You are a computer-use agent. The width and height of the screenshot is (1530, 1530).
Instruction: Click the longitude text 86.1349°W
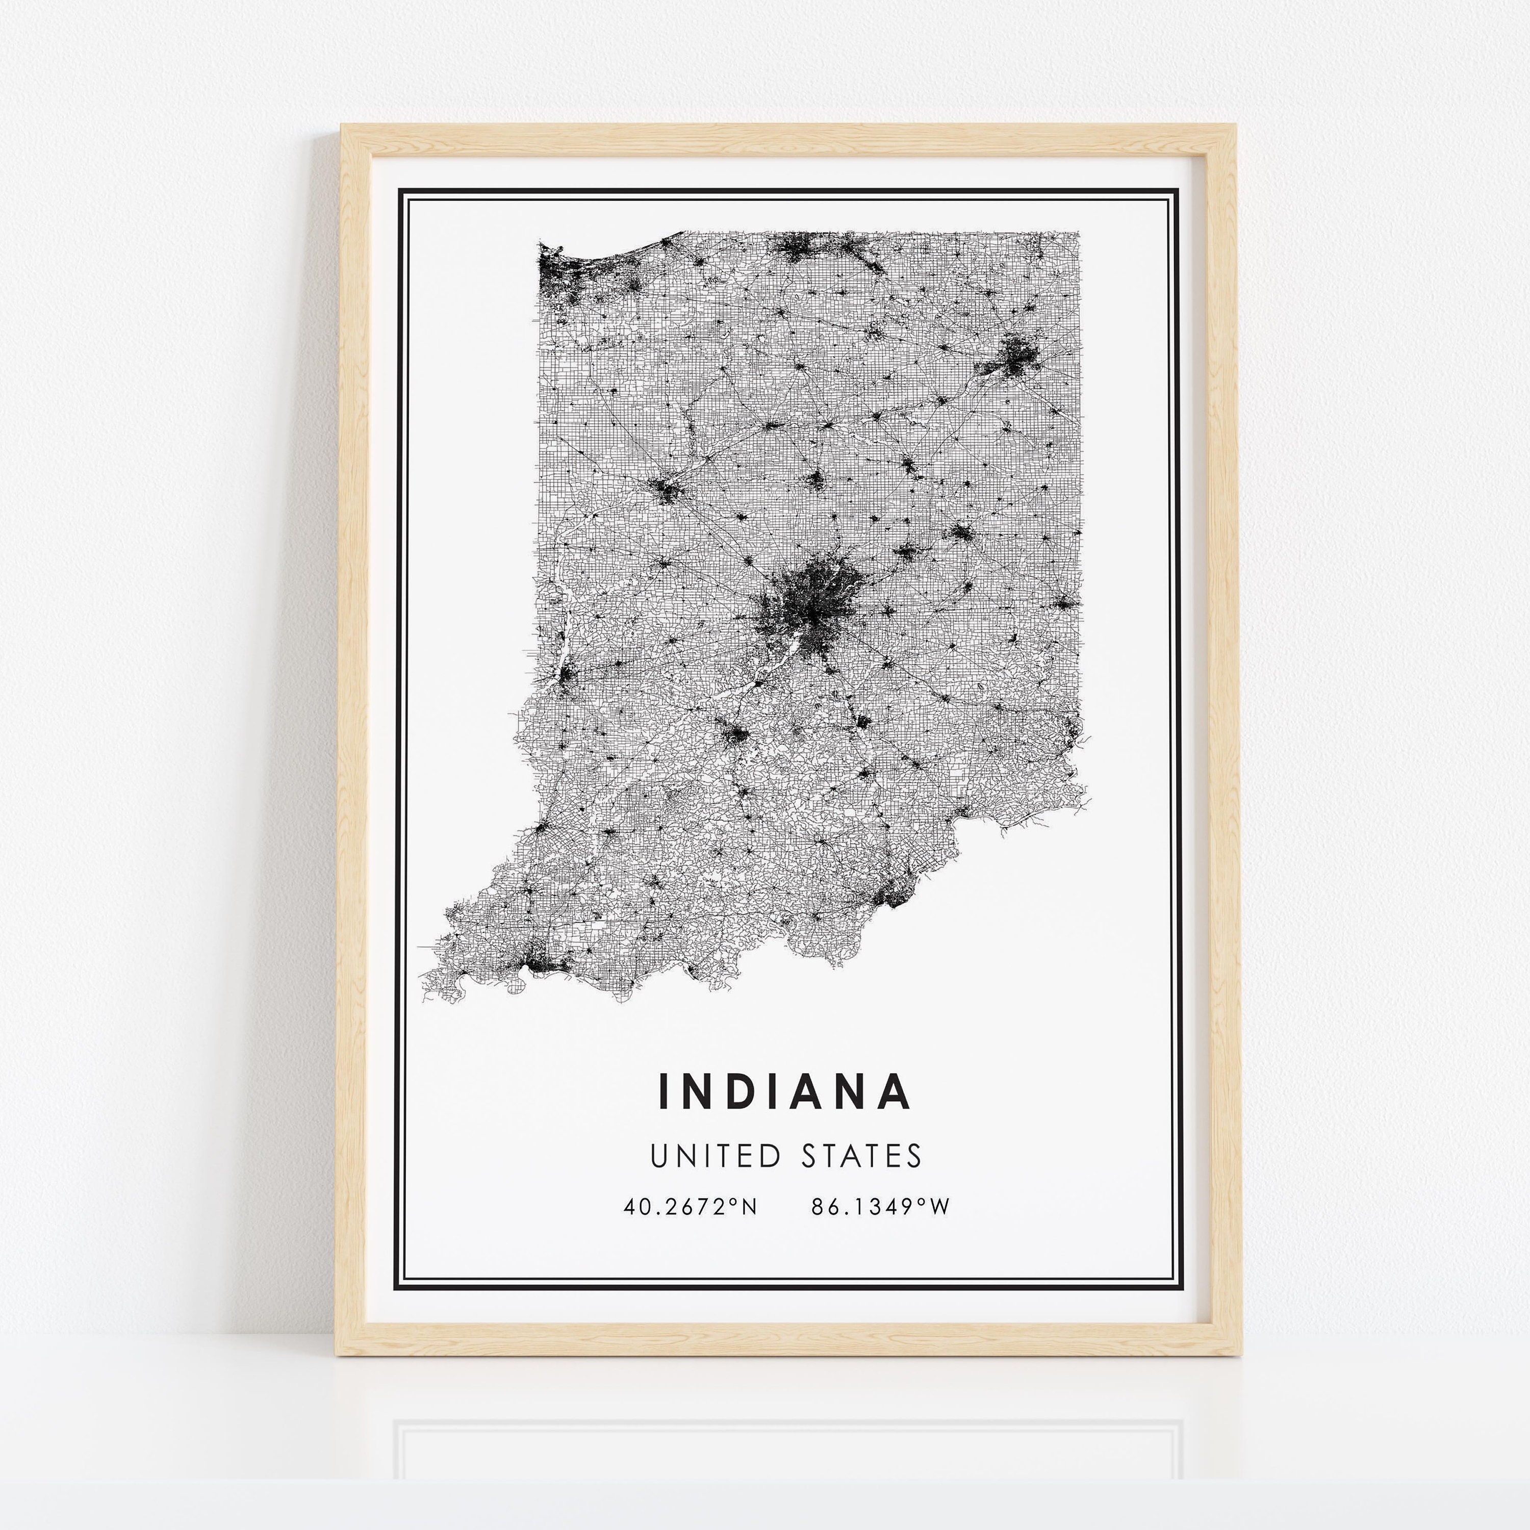[x=880, y=1207]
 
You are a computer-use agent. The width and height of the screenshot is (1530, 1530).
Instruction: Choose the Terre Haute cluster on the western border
[x=565, y=676]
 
